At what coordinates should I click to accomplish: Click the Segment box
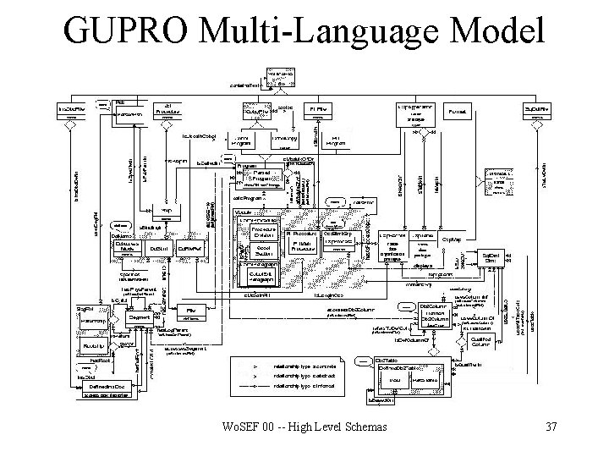tap(141, 317)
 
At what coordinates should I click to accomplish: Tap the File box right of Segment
tap(191, 311)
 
